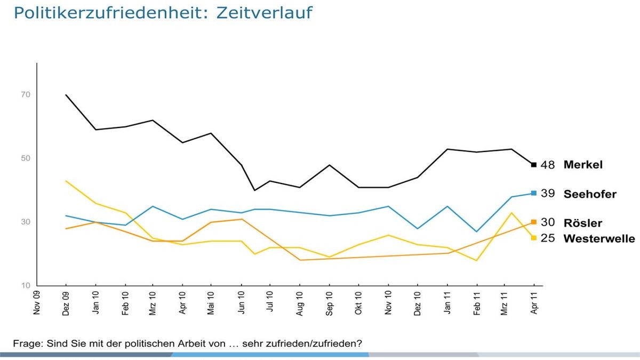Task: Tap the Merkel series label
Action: pyautogui.click(x=583, y=165)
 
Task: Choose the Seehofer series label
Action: pyautogui.click(x=590, y=194)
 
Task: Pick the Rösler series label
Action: pyautogui.click(x=582, y=223)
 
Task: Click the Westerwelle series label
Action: pyautogui.click(x=599, y=238)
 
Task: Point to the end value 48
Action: pyautogui.click(x=548, y=165)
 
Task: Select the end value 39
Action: pyautogui.click(x=548, y=194)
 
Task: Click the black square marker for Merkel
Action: pyautogui.click(x=533, y=164)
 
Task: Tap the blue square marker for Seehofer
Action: pyautogui.click(x=533, y=193)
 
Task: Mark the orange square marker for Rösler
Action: pyautogui.click(x=533, y=222)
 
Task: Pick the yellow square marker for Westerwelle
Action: pyautogui.click(x=533, y=238)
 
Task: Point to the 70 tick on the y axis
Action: pyautogui.click(x=26, y=95)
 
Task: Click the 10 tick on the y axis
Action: pyautogui.click(x=26, y=286)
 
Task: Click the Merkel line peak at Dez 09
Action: pyautogui.click(x=66, y=95)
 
